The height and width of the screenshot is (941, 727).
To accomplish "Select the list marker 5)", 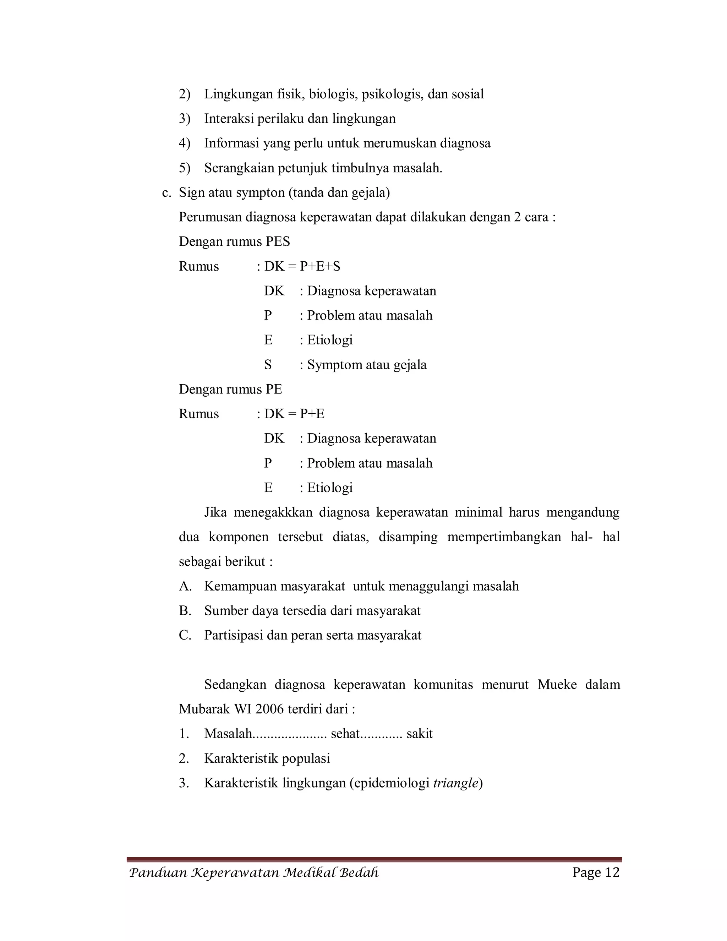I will click(185, 168).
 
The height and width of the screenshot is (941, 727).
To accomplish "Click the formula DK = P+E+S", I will click(302, 266).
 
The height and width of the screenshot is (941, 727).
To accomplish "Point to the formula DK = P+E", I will click(294, 414).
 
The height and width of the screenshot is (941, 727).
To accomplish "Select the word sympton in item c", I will click(262, 192).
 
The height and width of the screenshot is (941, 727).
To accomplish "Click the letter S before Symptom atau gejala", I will click(268, 365).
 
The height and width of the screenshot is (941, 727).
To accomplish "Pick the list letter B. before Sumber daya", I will click(185, 610).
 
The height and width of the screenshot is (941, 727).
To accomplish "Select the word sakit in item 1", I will click(419, 733).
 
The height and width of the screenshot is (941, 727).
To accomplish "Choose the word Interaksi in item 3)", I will click(229, 119).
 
